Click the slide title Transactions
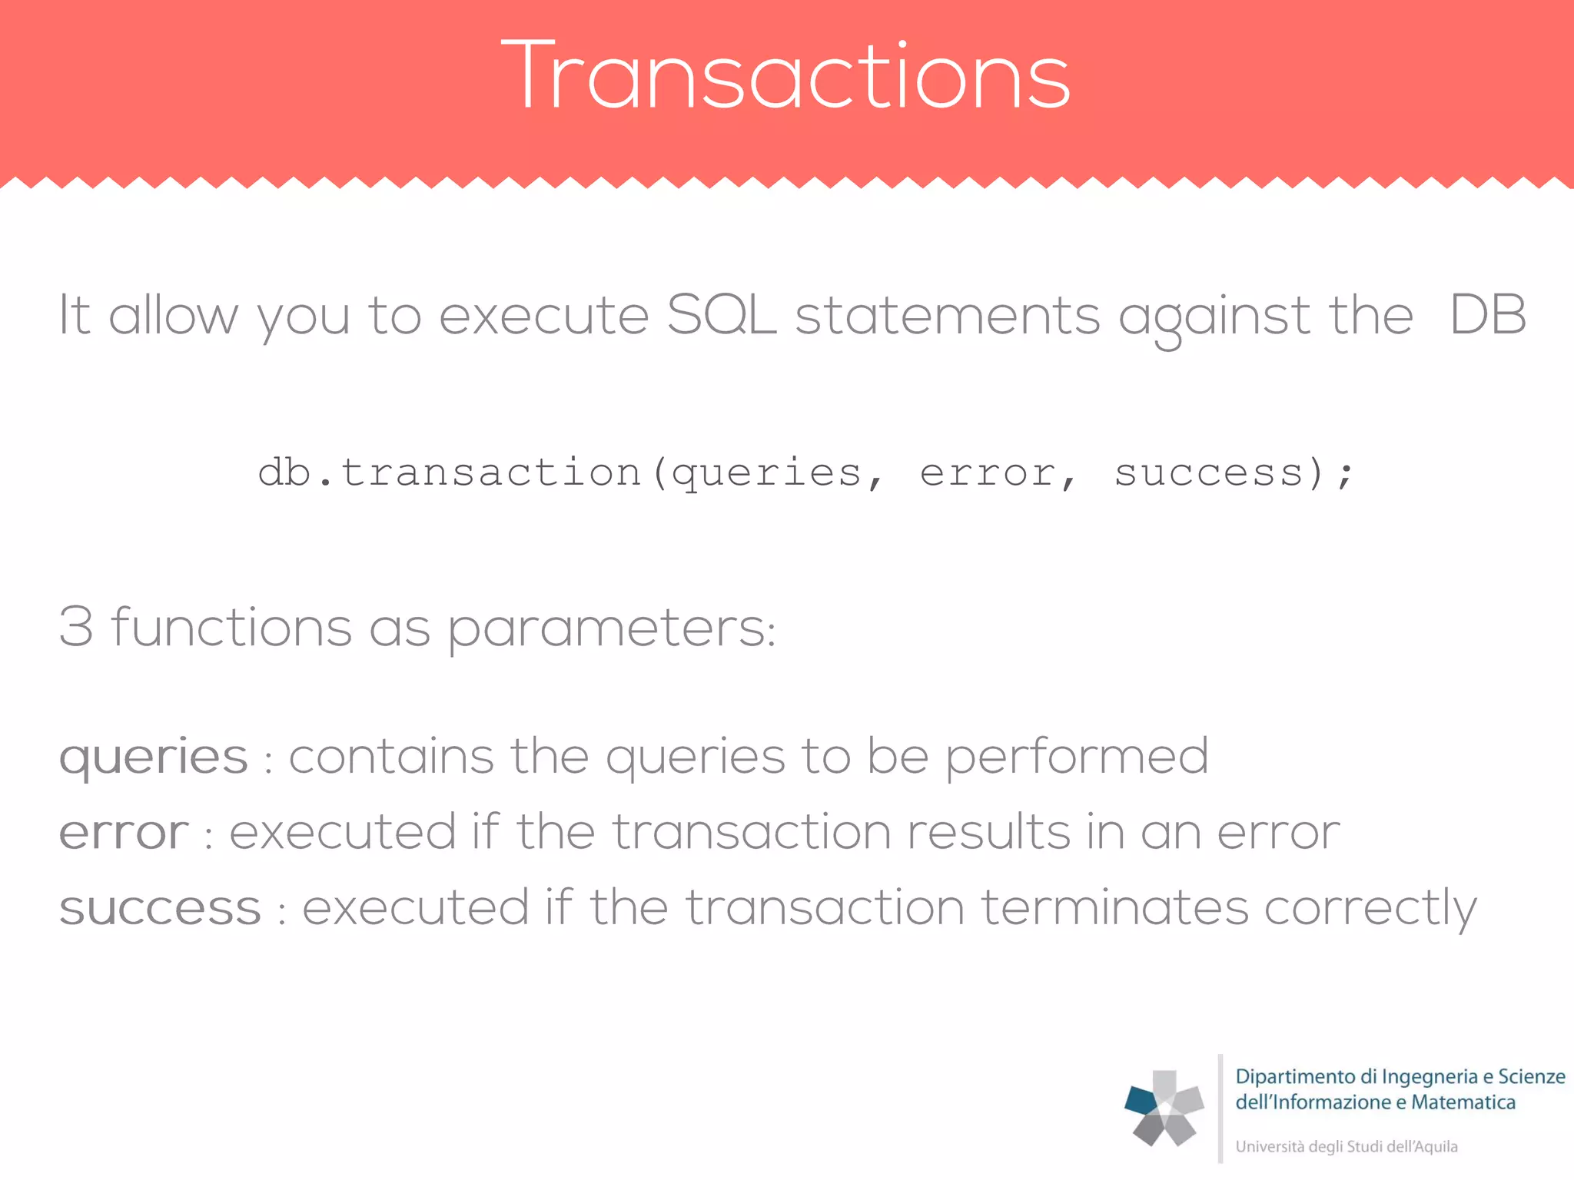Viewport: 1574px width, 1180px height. click(785, 75)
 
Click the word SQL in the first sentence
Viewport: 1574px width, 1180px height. click(721, 315)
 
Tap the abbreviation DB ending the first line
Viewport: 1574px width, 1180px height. click(1487, 315)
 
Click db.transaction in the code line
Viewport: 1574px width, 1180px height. click(450, 472)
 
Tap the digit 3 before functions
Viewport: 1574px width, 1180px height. click(76, 627)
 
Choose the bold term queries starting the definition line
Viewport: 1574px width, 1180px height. click(154, 757)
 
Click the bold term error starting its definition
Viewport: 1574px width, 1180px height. click(124, 833)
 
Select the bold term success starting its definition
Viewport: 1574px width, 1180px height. click(160, 908)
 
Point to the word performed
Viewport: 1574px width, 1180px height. click(1076, 757)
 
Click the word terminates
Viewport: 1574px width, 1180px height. click(1114, 908)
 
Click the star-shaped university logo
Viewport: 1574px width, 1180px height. click(1164, 1108)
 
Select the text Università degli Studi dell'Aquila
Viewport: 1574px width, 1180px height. click(1346, 1146)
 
